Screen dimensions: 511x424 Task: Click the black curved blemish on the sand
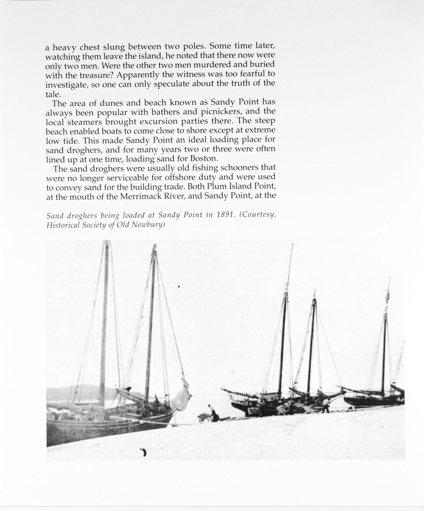[x=144, y=452]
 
